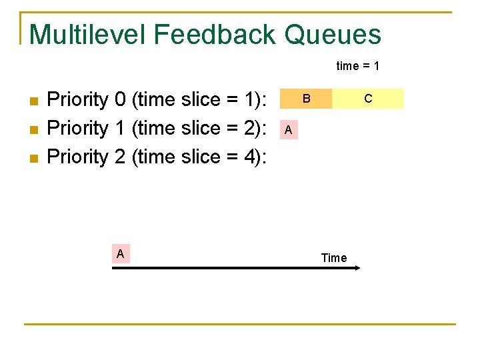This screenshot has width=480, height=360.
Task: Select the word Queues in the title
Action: click(333, 34)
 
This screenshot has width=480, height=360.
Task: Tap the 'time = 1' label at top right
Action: click(358, 66)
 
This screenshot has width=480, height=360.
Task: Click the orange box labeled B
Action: click(306, 99)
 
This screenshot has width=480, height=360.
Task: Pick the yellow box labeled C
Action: click(367, 99)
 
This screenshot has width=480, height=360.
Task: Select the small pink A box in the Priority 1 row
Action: click(288, 130)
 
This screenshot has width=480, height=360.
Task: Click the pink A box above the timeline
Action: click(120, 253)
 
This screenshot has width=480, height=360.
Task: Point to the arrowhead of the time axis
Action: click(357, 268)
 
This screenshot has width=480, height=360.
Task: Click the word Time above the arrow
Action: click(333, 257)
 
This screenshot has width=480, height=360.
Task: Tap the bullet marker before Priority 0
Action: click(35, 101)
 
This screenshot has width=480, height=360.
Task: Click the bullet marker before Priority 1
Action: click(35, 129)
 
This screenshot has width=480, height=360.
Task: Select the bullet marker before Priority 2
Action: click(35, 158)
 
